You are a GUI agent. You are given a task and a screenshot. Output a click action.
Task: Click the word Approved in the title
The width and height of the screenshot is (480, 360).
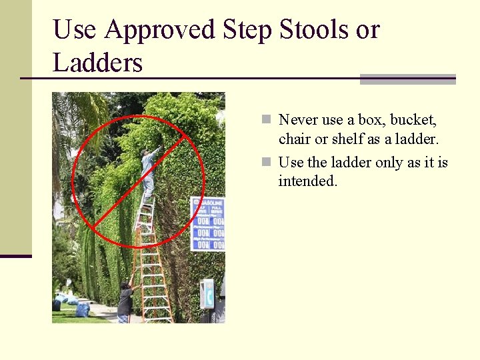(161, 31)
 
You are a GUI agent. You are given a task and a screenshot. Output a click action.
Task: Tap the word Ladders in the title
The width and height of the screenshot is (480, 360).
(98, 63)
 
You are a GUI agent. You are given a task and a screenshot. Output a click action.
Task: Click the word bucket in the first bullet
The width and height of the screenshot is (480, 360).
(413, 120)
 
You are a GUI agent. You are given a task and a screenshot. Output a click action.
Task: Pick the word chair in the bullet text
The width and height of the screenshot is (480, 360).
(295, 139)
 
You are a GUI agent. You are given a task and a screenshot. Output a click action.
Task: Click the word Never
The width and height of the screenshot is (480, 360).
(298, 120)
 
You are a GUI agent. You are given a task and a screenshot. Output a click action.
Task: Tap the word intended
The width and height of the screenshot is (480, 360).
(308, 181)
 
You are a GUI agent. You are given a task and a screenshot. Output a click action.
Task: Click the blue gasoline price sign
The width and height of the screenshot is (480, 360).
(207, 224)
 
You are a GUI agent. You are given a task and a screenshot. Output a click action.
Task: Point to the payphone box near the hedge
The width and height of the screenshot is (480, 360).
(207, 293)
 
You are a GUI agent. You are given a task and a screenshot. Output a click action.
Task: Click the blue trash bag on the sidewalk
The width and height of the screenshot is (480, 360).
(83, 309)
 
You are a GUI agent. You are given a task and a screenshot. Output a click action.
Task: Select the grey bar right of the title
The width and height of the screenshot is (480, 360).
(407, 79)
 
